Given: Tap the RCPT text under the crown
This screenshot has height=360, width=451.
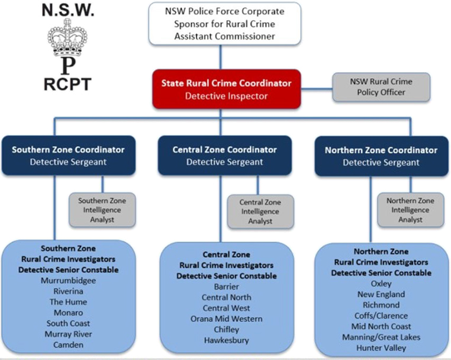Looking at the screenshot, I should click(67, 84).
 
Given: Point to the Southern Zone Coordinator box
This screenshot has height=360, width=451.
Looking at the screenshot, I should click(68, 155).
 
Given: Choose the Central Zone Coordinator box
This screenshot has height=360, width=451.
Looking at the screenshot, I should click(224, 155).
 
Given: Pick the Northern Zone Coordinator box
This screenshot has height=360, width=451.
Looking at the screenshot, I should click(381, 156).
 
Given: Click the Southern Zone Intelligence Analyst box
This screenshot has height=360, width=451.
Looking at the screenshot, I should click(102, 210).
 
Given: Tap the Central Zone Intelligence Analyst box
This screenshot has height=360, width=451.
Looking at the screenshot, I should click(260, 211).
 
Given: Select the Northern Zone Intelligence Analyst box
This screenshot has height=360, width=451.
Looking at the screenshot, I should click(410, 210).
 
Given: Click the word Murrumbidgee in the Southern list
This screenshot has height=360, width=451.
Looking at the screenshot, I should click(69, 281).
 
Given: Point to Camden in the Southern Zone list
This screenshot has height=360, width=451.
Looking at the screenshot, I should click(69, 345).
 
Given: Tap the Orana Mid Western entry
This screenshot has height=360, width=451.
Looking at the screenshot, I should click(226, 319).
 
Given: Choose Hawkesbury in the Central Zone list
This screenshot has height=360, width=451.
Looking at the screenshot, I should click(226, 340).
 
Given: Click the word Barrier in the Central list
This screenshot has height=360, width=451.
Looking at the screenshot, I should click(226, 287).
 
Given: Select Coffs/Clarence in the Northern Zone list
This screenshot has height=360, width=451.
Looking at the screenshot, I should click(381, 316).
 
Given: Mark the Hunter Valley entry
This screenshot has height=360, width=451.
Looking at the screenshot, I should click(381, 348).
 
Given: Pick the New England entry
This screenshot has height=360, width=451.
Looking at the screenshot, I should click(381, 294).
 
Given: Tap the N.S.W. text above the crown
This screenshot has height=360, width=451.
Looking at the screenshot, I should click(67, 10).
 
